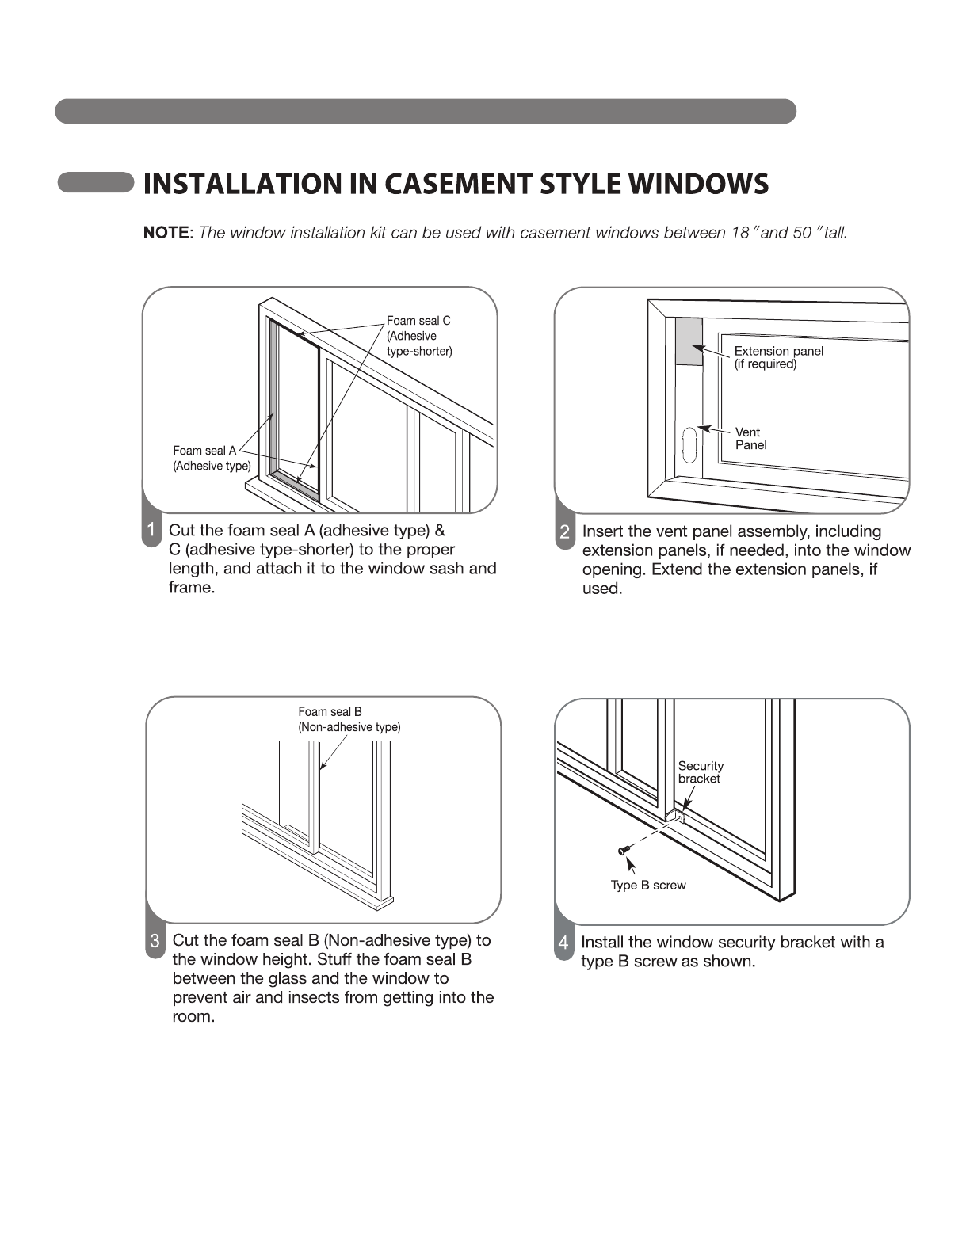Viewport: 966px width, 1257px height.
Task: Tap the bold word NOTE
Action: pyautogui.click(x=166, y=233)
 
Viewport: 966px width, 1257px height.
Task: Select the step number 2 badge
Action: pyautogui.click(x=564, y=532)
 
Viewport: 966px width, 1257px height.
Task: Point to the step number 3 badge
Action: pyautogui.click(x=155, y=941)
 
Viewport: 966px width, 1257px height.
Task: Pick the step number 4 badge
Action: pyautogui.click(x=563, y=943)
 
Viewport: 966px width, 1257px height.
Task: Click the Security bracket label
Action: pyautogui.click(x=701, y=772)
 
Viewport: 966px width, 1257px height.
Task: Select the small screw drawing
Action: pyautogui.click(x=623, y=851)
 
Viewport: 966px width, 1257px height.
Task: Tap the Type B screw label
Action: pyautogui.click(x=648, y=886)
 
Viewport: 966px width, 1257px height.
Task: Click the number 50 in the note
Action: pyautogui.click(x=801, y=233)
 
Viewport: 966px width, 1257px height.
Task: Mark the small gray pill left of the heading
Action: pyautogui.click(x=95, y=183)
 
